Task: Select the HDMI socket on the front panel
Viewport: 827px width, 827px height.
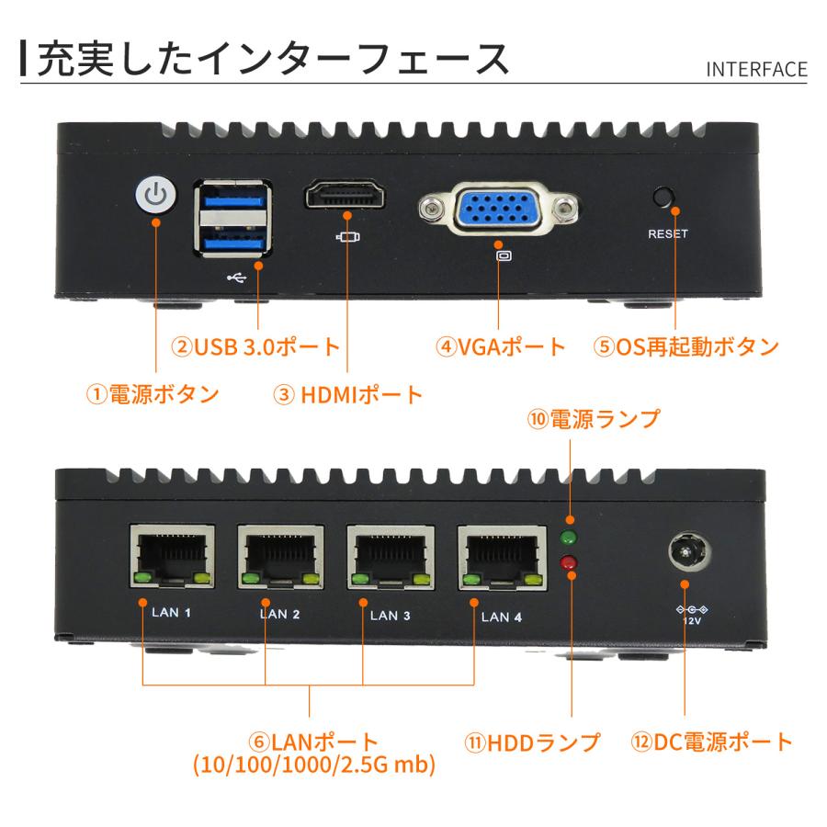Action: [x=346, y=197]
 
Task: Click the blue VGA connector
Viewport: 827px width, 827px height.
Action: [x=500, y=210]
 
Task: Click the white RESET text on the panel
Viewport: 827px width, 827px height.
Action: [x=667, y=233]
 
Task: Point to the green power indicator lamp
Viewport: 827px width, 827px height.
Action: [x=569, y=538]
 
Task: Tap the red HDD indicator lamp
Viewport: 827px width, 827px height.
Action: [x=569, y=561]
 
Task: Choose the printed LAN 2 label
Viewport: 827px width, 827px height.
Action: [x=280, y=615]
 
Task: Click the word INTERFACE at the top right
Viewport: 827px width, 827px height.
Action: [x=756, y=70]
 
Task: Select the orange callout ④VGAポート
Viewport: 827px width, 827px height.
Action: [x=501, y=347]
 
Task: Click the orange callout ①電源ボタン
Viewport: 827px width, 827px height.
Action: [x=153, y=394]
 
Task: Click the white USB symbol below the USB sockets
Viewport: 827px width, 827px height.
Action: [x=234, y=275]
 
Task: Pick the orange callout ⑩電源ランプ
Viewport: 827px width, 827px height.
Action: [x=593, y=419]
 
